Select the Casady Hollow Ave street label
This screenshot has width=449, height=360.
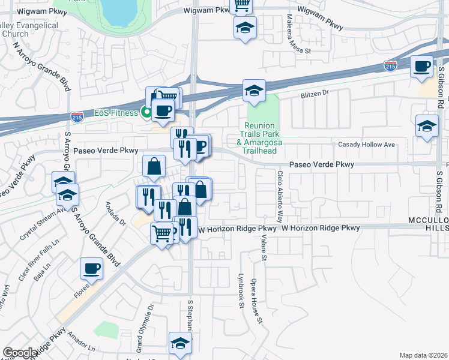pos(366,145)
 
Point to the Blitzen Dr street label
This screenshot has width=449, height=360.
pos(315,93)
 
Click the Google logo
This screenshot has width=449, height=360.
pos(20,353)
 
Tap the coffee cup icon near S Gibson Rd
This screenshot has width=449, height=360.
pos(422,65)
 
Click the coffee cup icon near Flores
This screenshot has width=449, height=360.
pos(91,268)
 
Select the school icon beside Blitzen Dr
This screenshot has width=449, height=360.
pos(254,91)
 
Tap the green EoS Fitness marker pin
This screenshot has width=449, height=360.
pos(145,111)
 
